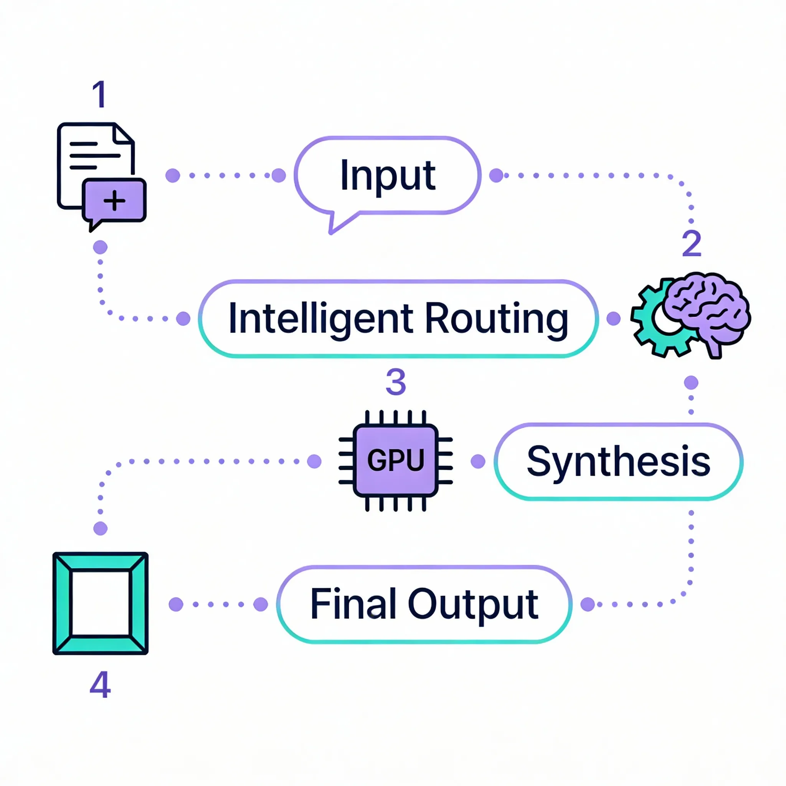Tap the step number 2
click(x=692, y=243)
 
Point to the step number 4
click(x=100, y=685)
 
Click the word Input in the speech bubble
click(x=388, y=176)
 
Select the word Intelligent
click(x=320, y=319)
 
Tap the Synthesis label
click(x=618, y=461)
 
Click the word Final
click(x=353, y=604)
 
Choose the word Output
click(x=473, y=605)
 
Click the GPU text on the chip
click(x=395, y=460)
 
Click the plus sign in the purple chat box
click(x=114, y=200)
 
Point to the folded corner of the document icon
click(x=123, y=135)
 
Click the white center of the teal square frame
click(x=101, y=603)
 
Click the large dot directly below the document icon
click(x=100, y=247)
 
